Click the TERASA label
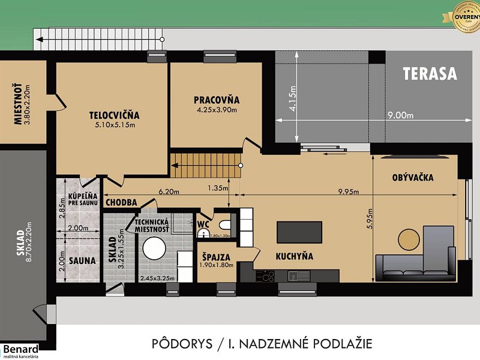click(x=430, y=74)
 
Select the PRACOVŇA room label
click(x=217, y=100)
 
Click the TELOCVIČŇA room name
click(x=114, y=115)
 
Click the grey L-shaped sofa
click(x=414, y=264)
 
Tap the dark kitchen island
click(x=299, y=232)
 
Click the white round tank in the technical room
click(x=153, y=247)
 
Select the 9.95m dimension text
click(x=347, y=192)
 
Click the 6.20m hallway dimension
click(x=170, y=191)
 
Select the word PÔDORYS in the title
click(x=181, y=344)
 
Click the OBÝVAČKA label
click(x=413, y=178)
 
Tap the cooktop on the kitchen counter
click(x=265, y=277)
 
